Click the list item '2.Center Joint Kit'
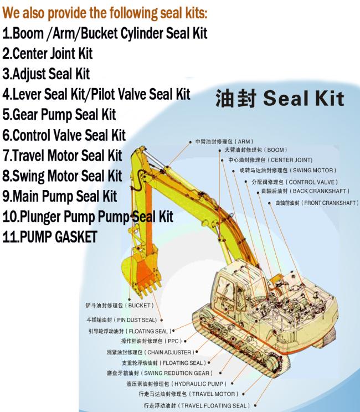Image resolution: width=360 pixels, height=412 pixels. click(48, 53)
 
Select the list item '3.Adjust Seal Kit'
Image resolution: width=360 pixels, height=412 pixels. click(47, 74)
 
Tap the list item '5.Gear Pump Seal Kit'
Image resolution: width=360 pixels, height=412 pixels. click(59, 115)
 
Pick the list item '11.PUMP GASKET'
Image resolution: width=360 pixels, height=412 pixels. click(50, 237)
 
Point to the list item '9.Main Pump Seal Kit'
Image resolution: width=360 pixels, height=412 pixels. click(60, 196)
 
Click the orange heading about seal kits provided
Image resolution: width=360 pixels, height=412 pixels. click(105, 13)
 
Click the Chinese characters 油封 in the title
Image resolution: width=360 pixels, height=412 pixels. click(236, 98)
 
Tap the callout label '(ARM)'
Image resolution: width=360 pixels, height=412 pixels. click(244, 142)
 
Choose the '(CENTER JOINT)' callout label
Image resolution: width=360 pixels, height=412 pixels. click(290, 160)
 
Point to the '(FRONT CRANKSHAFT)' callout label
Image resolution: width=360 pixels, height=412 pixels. click(330, 203)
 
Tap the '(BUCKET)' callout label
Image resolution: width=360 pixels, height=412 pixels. click(139, 306)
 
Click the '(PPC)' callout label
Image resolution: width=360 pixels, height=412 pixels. click(173, 341)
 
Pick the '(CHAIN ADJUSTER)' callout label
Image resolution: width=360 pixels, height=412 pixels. click(169, 352)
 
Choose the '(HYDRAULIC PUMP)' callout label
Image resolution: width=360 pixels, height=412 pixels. click(199, 384)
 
